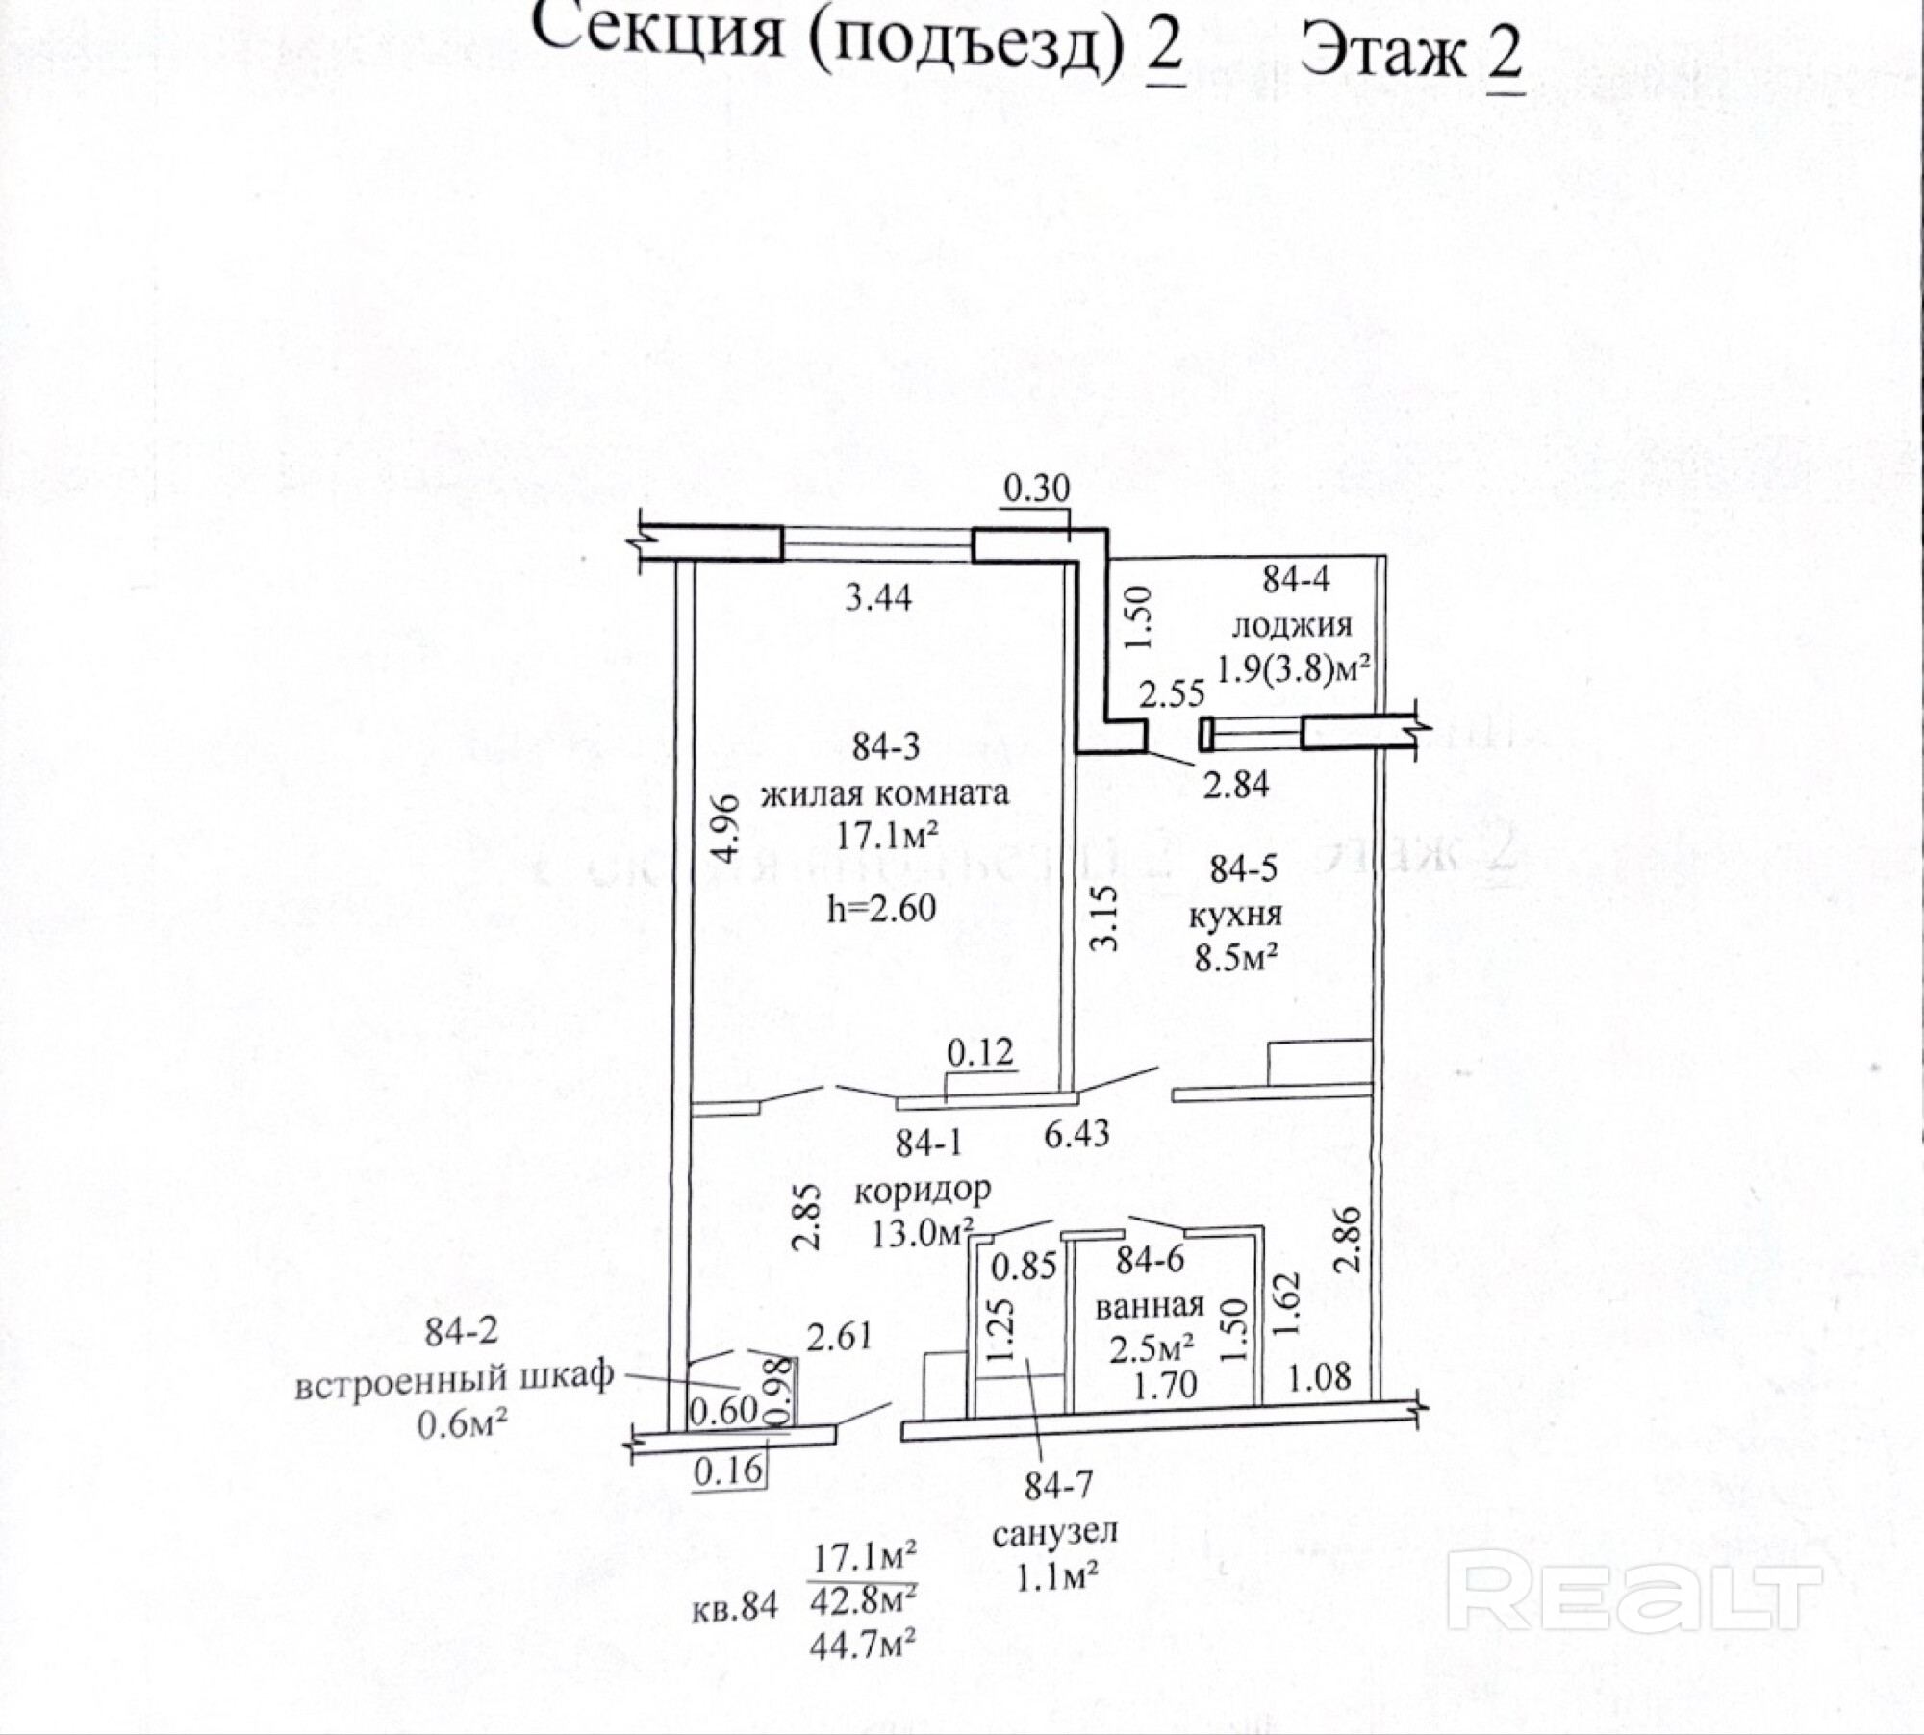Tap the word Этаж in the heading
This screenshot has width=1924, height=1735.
(1382, 53)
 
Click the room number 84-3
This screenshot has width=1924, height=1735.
(886, 747)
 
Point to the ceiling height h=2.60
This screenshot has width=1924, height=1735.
(882, 907)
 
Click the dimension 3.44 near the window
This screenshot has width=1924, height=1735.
(877, 597)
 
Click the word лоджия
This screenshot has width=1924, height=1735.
(1292, 625)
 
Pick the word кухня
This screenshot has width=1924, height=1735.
(1235, 914)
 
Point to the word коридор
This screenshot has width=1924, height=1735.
(923, 1191)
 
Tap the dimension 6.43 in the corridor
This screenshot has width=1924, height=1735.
(1076, 1134)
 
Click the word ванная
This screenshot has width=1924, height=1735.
(1150, 1305)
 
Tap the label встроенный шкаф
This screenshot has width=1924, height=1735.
(454, 1377)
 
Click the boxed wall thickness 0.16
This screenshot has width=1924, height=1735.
(728, 1470)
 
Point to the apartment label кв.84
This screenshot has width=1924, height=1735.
(734, 1608)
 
